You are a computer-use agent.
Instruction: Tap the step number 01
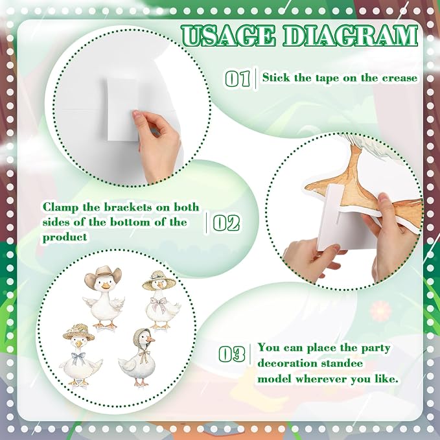(x=237, y=78)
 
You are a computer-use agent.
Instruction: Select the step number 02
(x=226, y=224)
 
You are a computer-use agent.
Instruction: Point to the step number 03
(x=232, y=354)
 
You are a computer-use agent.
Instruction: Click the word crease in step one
(x=400, y=78)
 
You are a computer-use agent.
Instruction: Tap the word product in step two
(x=65, y=237)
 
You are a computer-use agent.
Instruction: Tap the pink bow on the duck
(x=159, y=303)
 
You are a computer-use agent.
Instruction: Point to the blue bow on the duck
(x=78, y=358)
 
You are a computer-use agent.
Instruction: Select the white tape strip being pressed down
(x=123, y=110)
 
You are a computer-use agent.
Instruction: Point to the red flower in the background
(x=380, y=310)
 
